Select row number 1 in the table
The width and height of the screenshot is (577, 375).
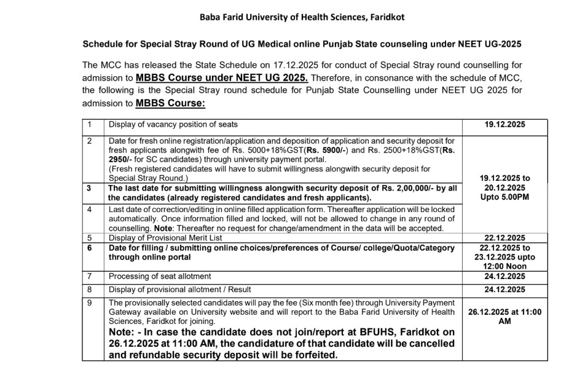(x=89, y=125)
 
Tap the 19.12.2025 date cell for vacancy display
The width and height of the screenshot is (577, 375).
(x=505, y=125)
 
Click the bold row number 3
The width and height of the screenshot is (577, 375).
(x=89, y=189)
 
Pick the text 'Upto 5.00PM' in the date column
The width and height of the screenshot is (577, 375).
(x=505, y=197)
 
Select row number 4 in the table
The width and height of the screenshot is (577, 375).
(x=89, y=210)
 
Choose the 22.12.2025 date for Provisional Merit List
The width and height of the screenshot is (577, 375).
(x=505, y=238)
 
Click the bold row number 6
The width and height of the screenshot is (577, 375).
(x=89, y=248)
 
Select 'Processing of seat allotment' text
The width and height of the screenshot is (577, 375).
(x=160, y=277)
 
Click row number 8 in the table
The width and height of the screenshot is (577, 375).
(x=89, y=290)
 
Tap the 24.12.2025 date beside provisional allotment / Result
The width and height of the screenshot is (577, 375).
(x=505, y=290)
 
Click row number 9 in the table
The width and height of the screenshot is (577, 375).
(x=89, y=302)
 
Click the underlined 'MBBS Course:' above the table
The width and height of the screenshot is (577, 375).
(x=171, y=103)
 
